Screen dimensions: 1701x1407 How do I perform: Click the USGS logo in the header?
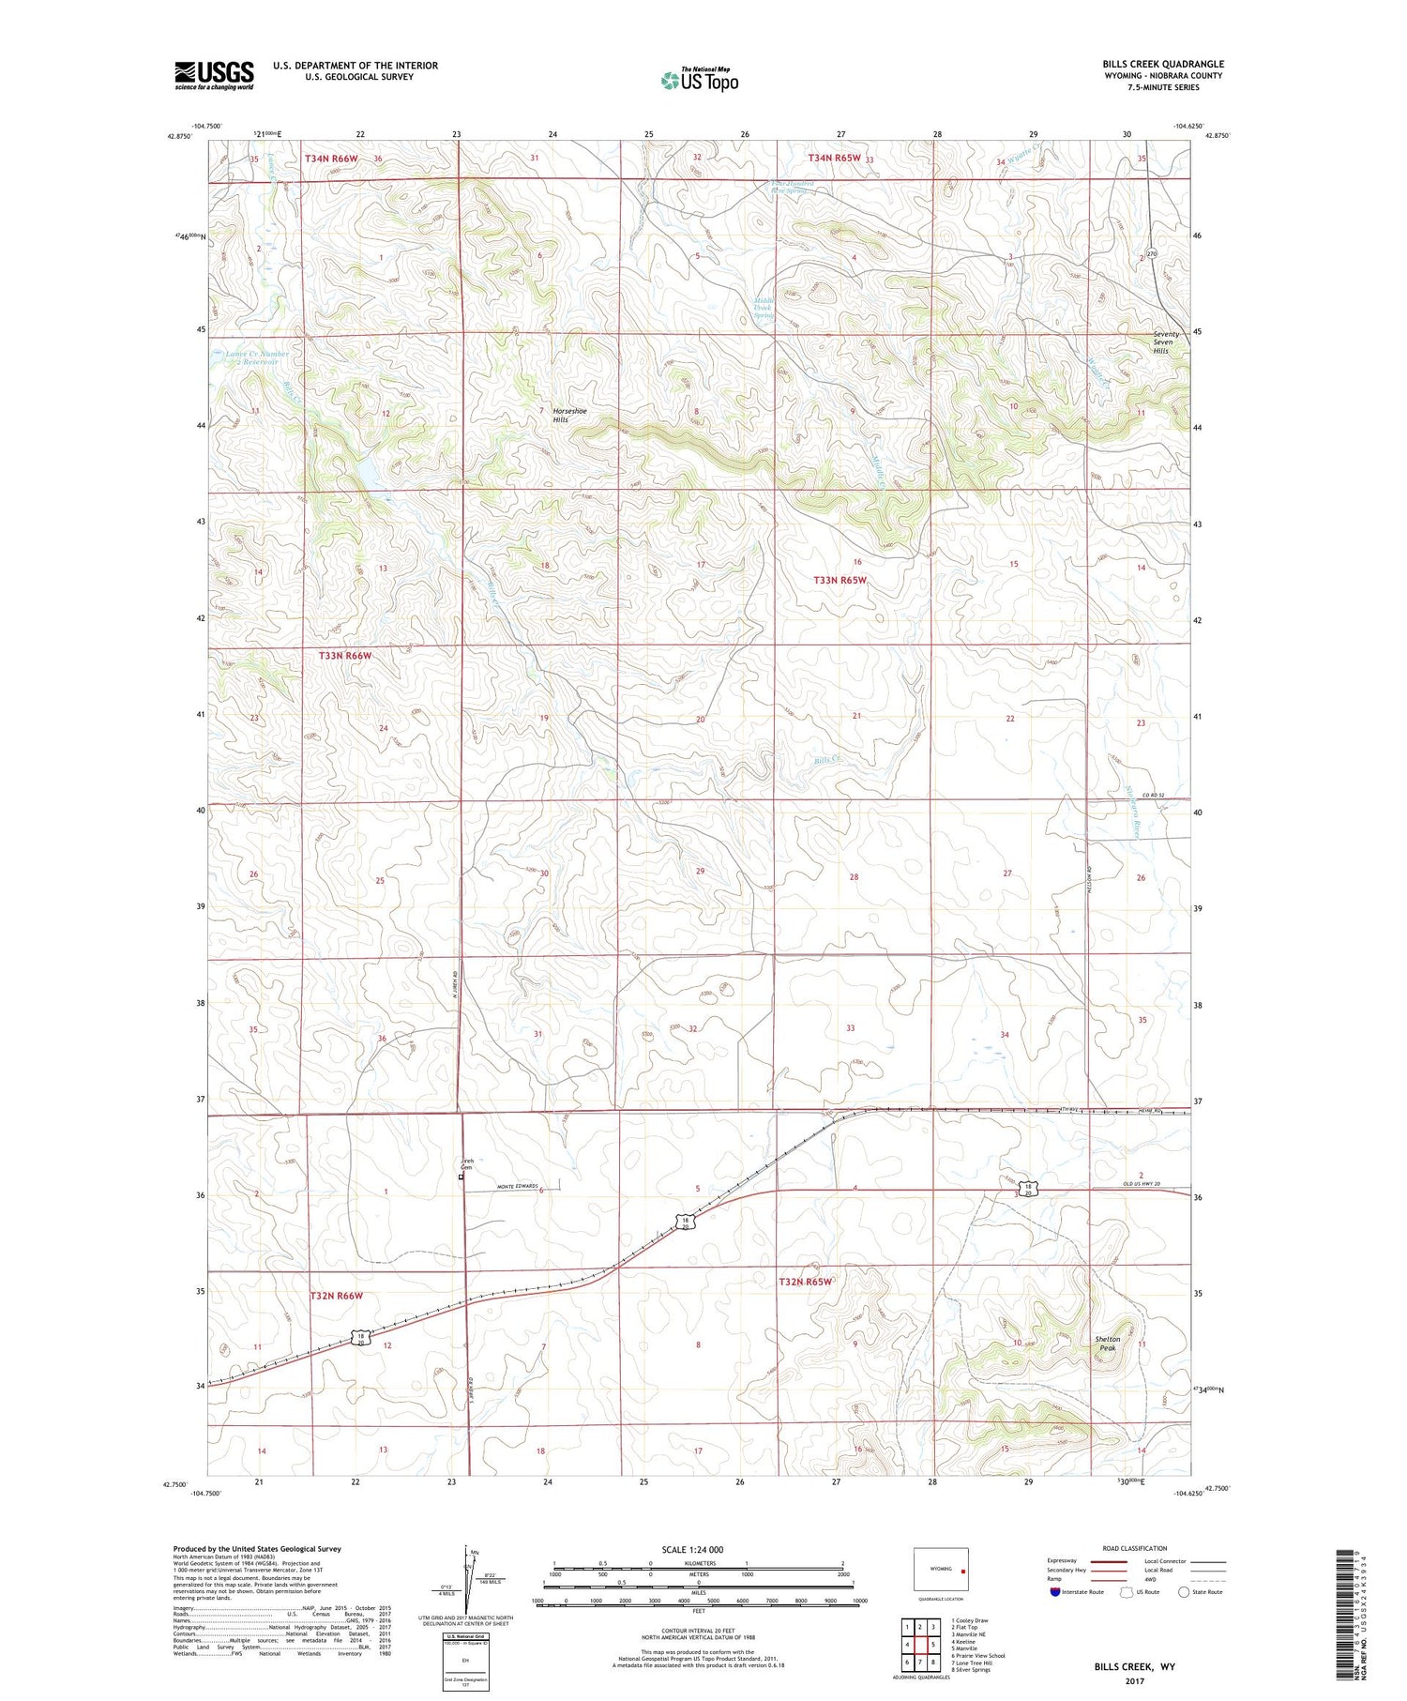pyautogui.click(x=214, y=75)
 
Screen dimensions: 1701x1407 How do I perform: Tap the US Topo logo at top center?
pyautogui.click(x=700, y=80)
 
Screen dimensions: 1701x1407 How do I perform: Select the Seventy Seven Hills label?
pyautogui.click(x=1168, y=342)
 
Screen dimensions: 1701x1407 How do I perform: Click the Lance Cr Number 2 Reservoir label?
pyautogui.click(x=257, y=357)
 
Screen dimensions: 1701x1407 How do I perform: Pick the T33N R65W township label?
pyautogui.click(x=840, y=580)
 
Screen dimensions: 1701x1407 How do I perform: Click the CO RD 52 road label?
pyautogui.click(x=1153, y=796)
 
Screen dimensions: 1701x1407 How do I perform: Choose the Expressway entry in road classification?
pyautogui.click(x=1066, y=1561)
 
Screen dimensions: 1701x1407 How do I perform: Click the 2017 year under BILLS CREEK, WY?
pyautogui.click(x=1133, y=1681)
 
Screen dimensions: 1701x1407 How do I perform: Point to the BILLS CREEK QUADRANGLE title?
pyautogui.click(x=1163, y=64)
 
